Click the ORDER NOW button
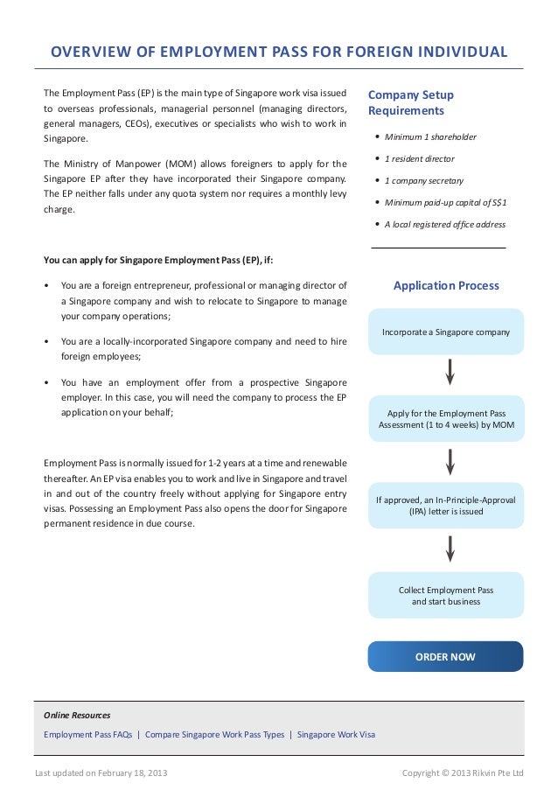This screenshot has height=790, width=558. coord(445,656)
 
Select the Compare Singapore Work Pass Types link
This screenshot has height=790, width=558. coord(214,734)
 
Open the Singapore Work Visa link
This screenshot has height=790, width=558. coord(336,734)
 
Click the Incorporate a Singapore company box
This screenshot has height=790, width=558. coord(445,332)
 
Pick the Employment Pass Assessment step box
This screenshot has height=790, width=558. coord(445,418)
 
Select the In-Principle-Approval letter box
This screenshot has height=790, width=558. coord(445,506)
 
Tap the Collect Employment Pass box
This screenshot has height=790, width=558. coord(445,596)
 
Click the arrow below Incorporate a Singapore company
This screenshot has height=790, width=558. coord(450,372)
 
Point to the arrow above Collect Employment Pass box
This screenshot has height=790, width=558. coord(450,549)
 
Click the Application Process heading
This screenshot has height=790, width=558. coord(446,285)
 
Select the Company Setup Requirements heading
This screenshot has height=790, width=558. coord(411,102)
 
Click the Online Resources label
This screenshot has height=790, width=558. coord(77,715)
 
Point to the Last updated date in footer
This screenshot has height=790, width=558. coord(101,773)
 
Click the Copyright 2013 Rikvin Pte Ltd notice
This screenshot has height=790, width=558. coord(462,773)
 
